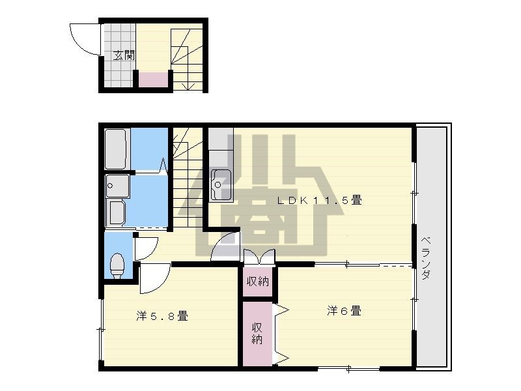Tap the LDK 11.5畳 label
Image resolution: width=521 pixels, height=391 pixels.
point(320,201)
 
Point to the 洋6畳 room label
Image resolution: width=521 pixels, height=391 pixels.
point(344,311)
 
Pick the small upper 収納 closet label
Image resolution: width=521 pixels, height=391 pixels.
point(257,282)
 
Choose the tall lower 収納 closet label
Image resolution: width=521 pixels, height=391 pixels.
point(258,332)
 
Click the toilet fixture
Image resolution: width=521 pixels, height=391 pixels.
point(117,264)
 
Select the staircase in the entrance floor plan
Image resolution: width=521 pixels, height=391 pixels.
point(188,55)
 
